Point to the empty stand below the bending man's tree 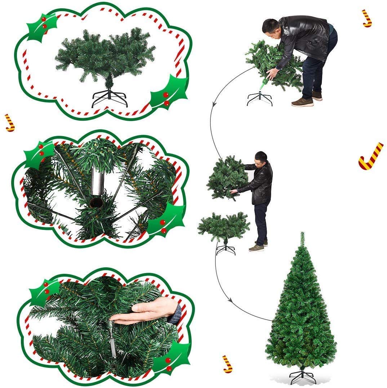click(259, 99)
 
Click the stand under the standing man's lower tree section click(226, 249)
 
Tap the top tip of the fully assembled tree click(302, 234)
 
